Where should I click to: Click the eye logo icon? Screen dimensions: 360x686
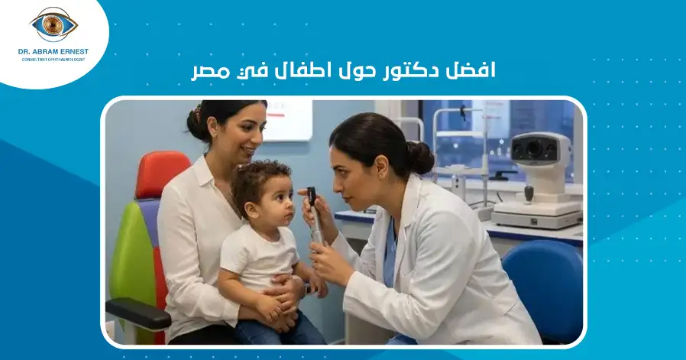click(x=53, y=24)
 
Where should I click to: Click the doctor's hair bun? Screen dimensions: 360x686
click(x=421, y=157)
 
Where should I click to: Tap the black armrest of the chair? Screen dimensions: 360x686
click(x=138, y=313)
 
